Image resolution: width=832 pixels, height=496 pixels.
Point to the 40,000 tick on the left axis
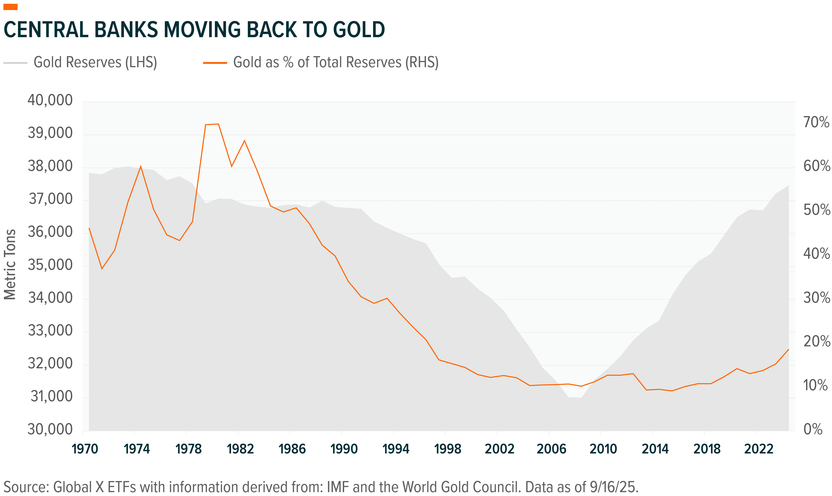(50, 100)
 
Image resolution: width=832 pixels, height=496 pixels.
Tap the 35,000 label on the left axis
(50, 265)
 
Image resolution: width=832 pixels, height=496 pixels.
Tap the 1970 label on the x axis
(85, 449)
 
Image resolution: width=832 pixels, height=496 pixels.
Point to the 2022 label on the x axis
(758, 449)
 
